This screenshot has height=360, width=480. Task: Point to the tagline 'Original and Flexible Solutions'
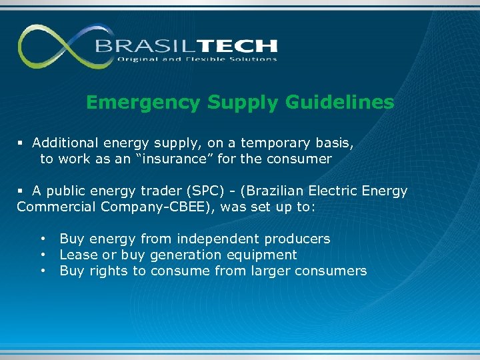coord(197,59)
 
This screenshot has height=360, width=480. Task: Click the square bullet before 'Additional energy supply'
coord(21,143)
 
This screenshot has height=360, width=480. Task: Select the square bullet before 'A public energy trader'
coord(21,191)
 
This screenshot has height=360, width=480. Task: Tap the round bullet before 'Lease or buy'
coord(43,255)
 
